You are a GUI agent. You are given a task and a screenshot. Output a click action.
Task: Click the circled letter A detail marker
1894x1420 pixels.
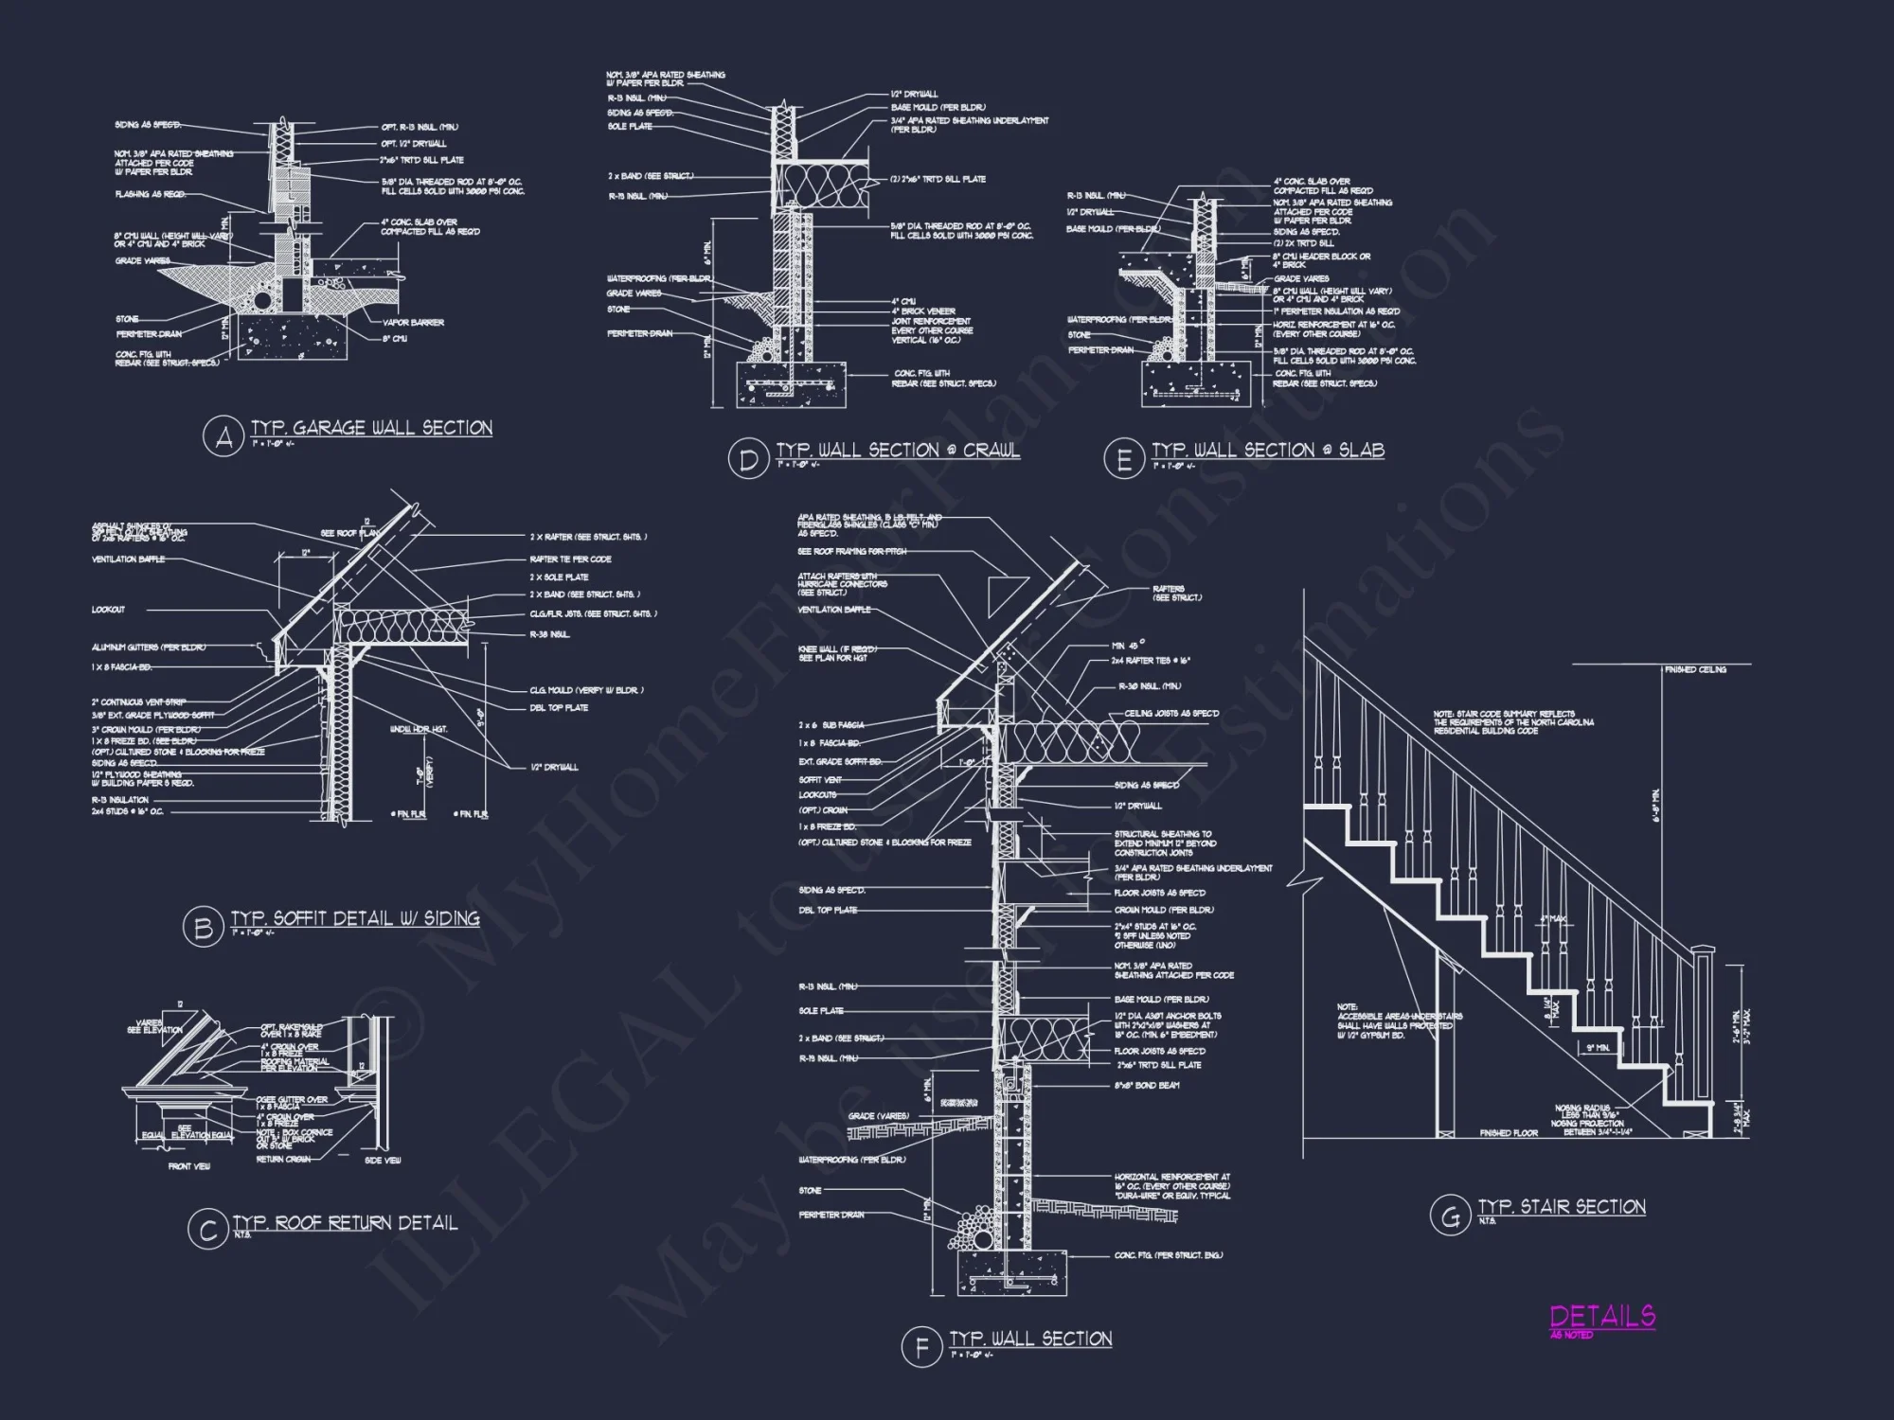click(x=223, y=437)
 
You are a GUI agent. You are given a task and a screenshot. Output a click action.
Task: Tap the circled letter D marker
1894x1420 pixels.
click(x=748, y=459)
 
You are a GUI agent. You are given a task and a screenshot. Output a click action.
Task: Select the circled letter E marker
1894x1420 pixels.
click(x=1124, y=459)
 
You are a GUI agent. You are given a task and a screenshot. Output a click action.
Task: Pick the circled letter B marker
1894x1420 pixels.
click(x=203, y=928)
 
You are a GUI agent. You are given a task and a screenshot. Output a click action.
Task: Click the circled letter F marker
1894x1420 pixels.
click(x=921, y=1347)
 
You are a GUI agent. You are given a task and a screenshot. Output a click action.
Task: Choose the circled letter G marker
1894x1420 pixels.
click(x=1450, y=1216)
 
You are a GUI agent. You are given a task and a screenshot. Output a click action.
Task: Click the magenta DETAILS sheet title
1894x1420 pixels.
click(x=1602, y=1316)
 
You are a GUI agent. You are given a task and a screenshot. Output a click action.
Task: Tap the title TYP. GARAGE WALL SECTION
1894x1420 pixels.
click(x=371, y=428)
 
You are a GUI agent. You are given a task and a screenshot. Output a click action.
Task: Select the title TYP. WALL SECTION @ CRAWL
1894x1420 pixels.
click(x=898, y=451)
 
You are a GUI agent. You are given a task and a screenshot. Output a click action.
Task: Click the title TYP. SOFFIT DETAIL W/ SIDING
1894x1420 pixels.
click(x=355, y=918)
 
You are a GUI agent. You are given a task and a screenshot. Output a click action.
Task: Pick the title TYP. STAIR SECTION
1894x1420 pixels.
click(x=1562, y=1207)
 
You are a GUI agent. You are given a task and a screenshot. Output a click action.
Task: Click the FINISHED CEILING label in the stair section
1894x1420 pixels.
click(x=1695, y=670)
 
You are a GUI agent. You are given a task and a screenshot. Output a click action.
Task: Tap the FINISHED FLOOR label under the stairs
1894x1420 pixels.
click(x=1509, y=1133)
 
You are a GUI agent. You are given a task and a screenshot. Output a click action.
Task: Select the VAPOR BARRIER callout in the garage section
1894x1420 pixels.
click(x=414, y=323)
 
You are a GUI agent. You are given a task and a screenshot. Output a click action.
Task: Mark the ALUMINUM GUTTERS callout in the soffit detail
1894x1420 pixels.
click(x=148, y=648)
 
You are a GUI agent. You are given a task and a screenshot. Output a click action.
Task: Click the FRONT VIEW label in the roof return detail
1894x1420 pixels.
click(x=189, y=1167)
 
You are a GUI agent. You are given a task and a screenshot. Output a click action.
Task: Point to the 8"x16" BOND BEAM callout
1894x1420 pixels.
click(x=1146, y=1085)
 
